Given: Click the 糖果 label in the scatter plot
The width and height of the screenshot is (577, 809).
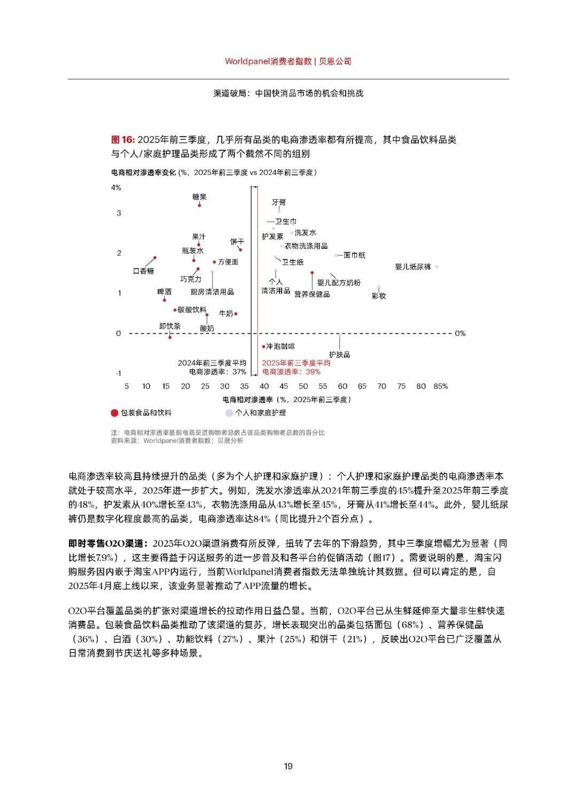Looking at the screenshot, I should [x=199, y=197].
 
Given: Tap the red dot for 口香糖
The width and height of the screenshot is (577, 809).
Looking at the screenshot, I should [x=155, y=257].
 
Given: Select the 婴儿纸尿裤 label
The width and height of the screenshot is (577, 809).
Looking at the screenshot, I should [x=413, y=266].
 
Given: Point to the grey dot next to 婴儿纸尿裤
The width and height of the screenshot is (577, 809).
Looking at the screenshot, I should [x=437, y=266].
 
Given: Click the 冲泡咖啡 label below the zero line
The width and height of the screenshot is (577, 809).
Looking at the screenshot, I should [x=280, y=347].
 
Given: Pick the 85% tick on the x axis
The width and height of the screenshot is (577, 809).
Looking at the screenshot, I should [x=441, y=386].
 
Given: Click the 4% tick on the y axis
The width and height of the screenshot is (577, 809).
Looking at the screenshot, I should [x=116, y=187].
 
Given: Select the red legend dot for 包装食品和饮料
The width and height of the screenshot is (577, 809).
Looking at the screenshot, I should [x=114, y=413].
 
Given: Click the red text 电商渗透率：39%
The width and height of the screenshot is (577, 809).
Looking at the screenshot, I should [x=292, y=372].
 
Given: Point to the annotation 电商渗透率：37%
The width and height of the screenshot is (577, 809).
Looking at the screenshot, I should [x=218, y=372].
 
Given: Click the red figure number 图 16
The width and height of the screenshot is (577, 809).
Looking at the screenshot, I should [x=122, y=140].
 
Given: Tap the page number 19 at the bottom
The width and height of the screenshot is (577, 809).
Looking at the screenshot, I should [x=288, y=766].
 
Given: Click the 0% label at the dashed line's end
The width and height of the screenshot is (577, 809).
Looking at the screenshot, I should [x=460, y=333].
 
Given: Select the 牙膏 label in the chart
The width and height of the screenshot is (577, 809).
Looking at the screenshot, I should [x=279, y=202].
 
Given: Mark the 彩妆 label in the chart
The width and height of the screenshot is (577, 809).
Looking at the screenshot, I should [x=379, y=296].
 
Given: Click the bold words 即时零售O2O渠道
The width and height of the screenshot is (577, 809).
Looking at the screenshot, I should [x=107, y=544].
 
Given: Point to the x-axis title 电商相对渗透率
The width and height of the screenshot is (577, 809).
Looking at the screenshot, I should [x=247, y=399].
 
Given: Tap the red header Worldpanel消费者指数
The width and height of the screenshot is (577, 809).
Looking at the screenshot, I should [x=268, y=61].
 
